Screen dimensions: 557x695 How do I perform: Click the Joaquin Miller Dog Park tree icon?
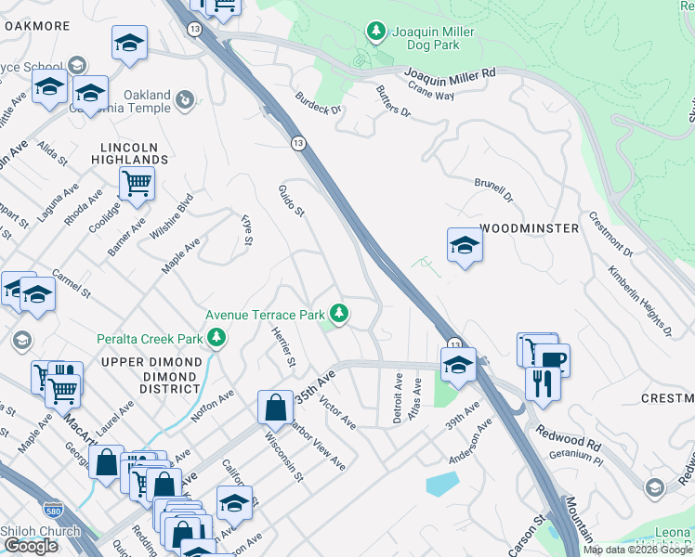(x=376, y=32)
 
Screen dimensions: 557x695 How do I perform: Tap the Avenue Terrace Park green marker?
(x=340, y=314)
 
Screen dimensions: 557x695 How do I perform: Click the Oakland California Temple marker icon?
(x=186, y=96)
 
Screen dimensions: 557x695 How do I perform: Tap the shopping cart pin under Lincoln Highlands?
(x=138, y=185)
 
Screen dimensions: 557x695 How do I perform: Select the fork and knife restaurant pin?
(x=543, y=382)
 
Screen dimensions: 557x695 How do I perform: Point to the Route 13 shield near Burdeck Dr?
(x=297, y=143)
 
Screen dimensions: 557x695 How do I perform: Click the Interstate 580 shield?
(x=53, y=510)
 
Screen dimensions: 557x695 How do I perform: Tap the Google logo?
(x=31, y=546)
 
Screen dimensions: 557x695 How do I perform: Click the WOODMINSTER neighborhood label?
(x=529, y=228)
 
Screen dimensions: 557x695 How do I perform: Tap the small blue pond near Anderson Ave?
(x=442, y=484)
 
